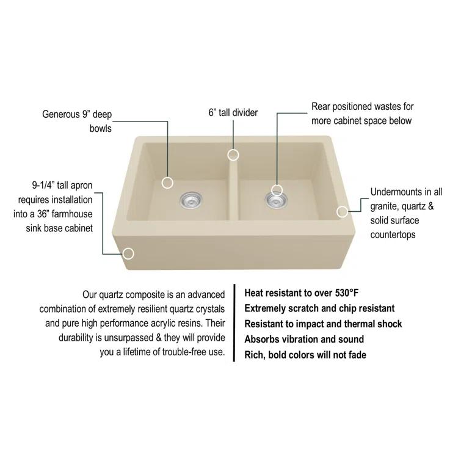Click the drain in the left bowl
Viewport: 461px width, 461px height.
pos(191,198)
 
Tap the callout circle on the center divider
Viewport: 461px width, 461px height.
pos(233,154)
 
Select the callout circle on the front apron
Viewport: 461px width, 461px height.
pos(129,253)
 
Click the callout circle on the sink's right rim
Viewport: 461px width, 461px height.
pos(342,211)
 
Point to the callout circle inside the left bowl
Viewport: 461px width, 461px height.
pos(168,183)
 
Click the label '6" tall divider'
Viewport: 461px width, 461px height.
pos(233,112)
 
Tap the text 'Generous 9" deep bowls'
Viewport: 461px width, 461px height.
pos(77,121)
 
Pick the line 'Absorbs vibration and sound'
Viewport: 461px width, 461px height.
pos(304,339)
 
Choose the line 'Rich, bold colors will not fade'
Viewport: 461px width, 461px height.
pos(305,355)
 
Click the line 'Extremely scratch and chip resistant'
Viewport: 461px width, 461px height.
pos(319,308)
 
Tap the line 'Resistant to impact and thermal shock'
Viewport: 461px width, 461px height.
pos(323,324)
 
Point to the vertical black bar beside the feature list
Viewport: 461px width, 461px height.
pos(234,324)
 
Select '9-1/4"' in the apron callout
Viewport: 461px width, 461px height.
pos(45,184)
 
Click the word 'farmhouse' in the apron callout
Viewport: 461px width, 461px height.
pos(73,214)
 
